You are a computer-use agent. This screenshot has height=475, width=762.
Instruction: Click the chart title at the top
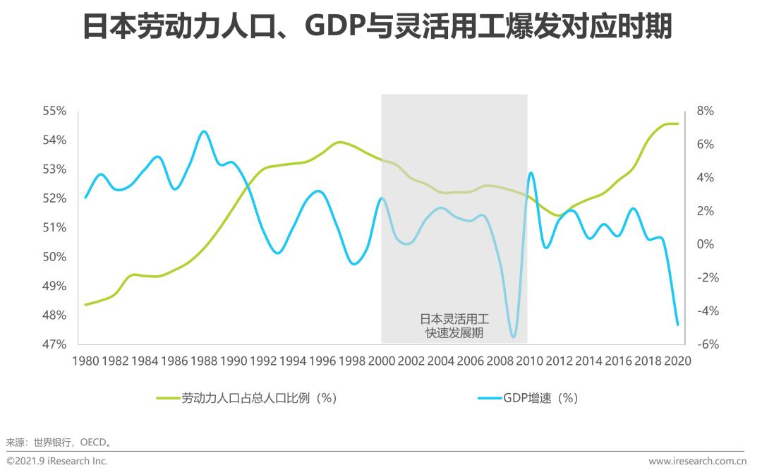pyautogui.click(x=377, y=28)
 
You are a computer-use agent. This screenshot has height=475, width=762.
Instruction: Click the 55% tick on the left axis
pyautogui.click(x=54, y=112)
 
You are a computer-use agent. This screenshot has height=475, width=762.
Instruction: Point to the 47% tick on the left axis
pyautogui.click(x=54, y=344)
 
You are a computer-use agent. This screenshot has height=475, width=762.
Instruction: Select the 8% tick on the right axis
pyautogui.click(x=705, y=112)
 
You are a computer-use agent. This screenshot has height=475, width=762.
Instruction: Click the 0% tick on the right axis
pyautogui.click(x=705, y=244)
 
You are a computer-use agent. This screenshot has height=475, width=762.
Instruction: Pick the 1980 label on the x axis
pyautogui.click(x=85, y=361)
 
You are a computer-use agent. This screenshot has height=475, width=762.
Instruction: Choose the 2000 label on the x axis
pyautogui.click(x=381, y=361)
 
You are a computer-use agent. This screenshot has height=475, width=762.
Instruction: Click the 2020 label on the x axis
pyautogui.click(x=677, y=361)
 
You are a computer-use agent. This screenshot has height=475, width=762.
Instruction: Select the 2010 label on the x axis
pyautogui.click(x=529, y=361)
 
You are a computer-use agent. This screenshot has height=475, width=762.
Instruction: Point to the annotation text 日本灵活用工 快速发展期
pyautogui.click(x=454, y=325)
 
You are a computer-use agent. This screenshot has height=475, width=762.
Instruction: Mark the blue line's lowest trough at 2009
pyautogui.click(x=513, y=337)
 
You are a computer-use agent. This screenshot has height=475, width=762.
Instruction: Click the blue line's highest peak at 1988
pyautogui.click(x=204, y=131)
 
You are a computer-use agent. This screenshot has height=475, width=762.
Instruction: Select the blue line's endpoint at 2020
pyautogui.click(x=677, y=325)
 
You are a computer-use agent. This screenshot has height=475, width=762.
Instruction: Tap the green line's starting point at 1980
pyautogui.click(x=85, y=305)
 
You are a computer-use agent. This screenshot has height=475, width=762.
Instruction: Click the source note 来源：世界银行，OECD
pyautogui.click(x=59, y=443)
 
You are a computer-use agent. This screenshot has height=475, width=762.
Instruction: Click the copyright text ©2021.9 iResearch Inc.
pyautogui.click(x=57, y=461)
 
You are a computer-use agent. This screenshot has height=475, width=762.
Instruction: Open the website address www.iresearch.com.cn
pyautogui.click(x=697, y=461)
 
